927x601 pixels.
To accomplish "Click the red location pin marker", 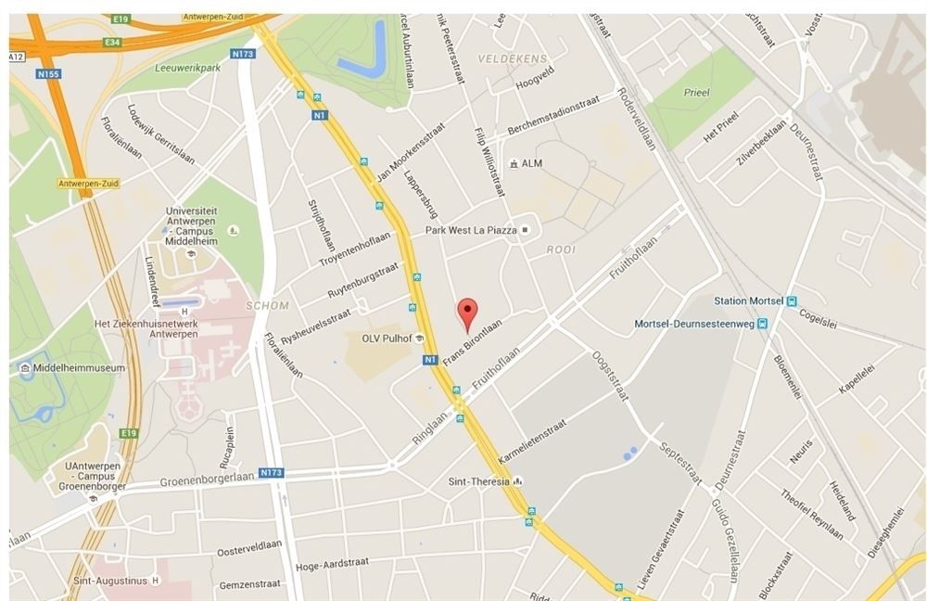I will coord(468,313).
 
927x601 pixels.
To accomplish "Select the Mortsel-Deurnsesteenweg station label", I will coord(694,324).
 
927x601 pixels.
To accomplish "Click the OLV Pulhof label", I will coord(387,339).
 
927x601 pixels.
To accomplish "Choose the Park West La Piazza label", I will coord(470,229).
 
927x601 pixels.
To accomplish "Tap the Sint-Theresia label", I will coord(478,481).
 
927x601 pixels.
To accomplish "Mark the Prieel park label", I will coord(695,93).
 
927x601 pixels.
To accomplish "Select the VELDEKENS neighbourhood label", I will coord(513,58).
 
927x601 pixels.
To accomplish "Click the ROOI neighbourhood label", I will coord(560,249).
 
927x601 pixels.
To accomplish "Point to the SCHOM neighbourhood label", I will coord(268,305).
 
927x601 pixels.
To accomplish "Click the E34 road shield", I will coord(114,42).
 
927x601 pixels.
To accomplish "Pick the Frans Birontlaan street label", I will coord(472,342).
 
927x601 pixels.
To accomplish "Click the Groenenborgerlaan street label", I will coord(207,480).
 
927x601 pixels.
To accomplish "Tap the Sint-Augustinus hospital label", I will coord(110,581).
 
